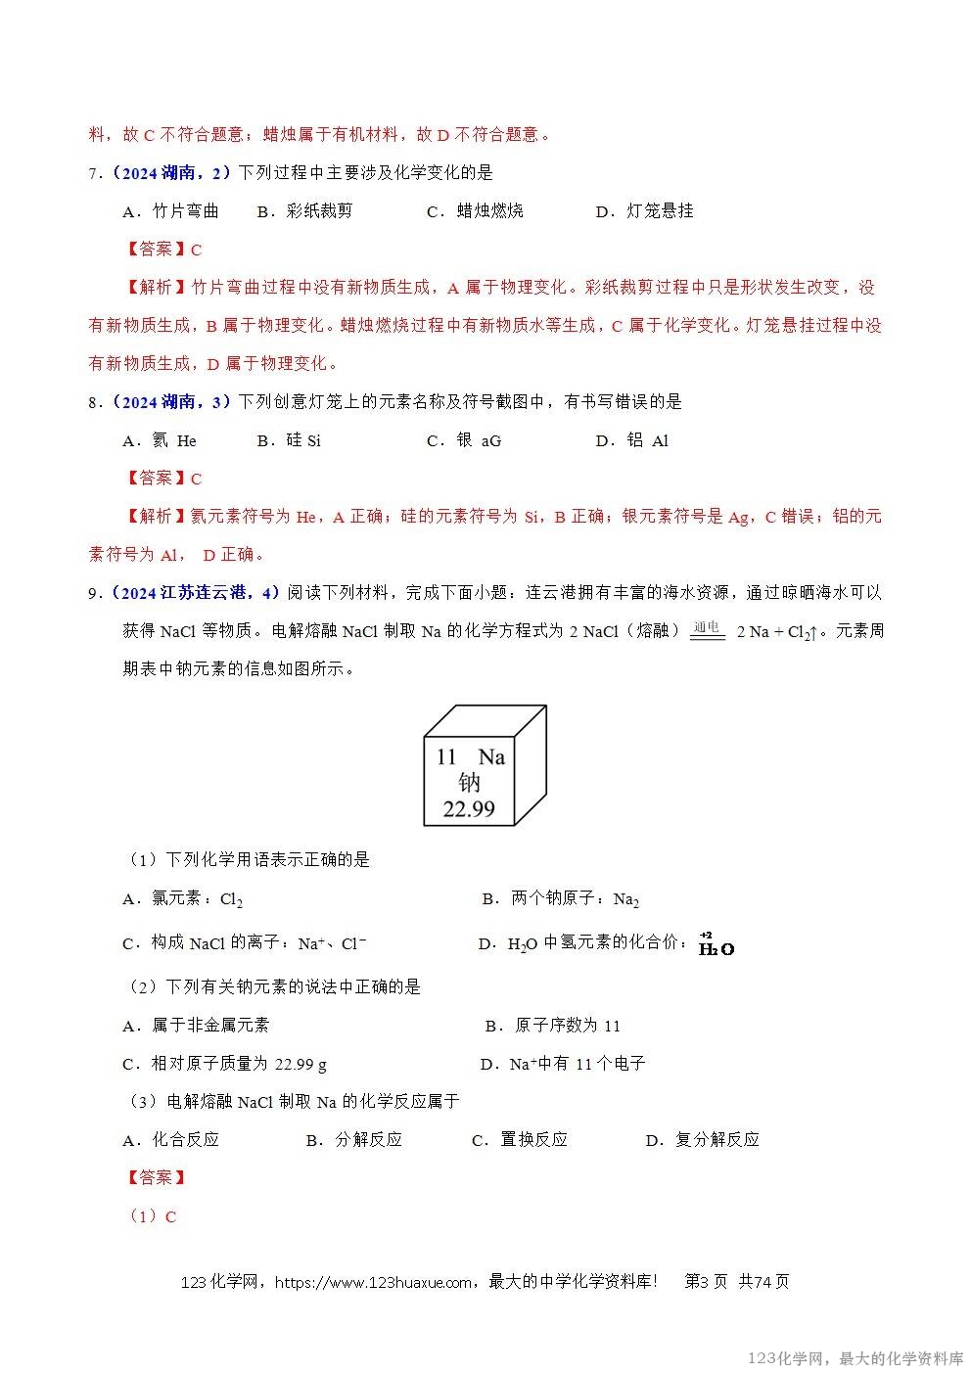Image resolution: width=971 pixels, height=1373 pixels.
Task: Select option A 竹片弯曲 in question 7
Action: (171, 211)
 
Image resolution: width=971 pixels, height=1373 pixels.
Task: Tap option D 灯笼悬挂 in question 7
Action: (645, 211)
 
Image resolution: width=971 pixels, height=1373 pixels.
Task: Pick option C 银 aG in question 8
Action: (464, 440)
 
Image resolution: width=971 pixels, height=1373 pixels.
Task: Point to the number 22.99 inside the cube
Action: (469, 808)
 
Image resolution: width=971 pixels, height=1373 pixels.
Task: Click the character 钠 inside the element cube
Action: (470, 783)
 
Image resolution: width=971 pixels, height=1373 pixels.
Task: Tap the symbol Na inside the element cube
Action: (491, 756)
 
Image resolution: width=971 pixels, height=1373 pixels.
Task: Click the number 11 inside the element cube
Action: (446, 756)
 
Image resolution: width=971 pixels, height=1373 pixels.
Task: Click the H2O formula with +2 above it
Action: (717, 946)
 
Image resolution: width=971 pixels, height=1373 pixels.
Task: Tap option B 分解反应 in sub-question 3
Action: (354, 1140)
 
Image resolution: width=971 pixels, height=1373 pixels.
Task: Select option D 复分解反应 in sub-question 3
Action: (703, 1140)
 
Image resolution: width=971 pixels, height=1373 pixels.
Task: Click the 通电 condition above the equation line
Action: (706, 626)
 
